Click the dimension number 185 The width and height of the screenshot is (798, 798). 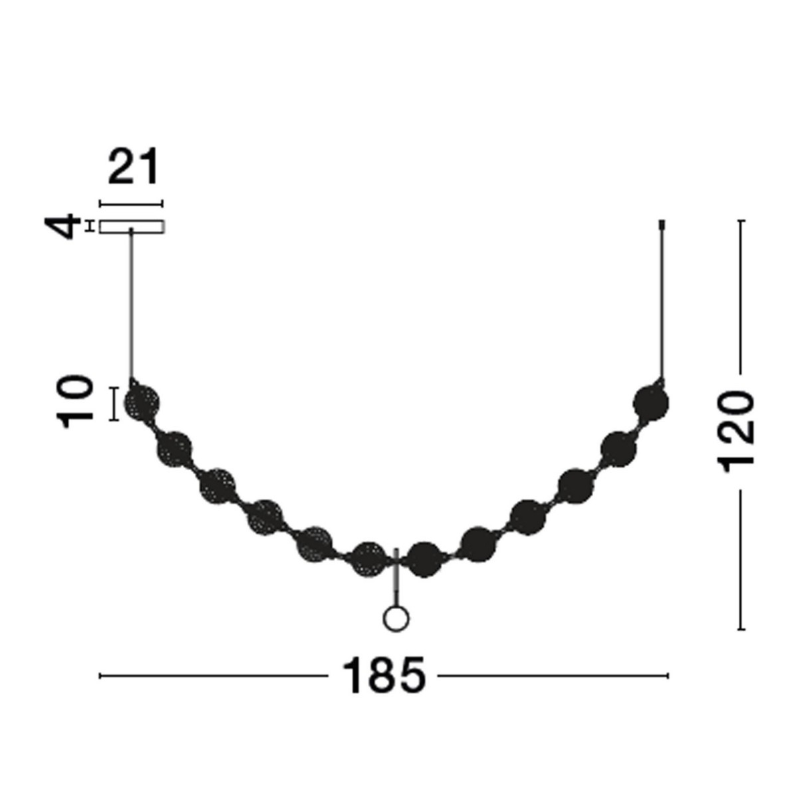pyautogui.click(x=384, y=676)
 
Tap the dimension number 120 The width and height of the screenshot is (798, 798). pyautogui.click(x=737, y=432)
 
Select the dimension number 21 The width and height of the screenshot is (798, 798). pyautogui.click(x=134, y=166)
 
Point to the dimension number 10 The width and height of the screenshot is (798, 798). pyautogui.click(x=75, y=402)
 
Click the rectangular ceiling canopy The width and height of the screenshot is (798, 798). pyautogui.click(x=132, y=227)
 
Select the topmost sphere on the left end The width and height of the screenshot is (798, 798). pyautogui.click(x=142, y=402)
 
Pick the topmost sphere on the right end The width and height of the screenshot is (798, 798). pyautogui.click(x=651, y=402)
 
